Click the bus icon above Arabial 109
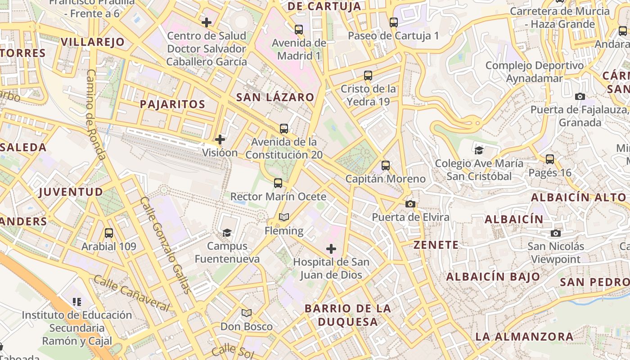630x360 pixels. [x=109, y=233]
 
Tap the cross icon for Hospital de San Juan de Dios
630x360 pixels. [x=331, y=248]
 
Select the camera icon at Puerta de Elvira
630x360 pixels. [x=410, y=204]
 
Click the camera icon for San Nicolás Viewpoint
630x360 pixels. [x=556, y=233]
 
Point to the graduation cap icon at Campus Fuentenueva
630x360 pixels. [x=227, y=233]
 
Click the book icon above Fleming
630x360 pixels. [x=283, y=217]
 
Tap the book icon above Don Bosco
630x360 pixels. [x=246, y=313]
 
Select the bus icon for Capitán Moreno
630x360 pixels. [x=386, y=166]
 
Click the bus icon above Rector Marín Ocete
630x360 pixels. [x=278, y=183]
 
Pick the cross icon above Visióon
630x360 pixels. [x=220, y=139]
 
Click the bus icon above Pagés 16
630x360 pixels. [x=550, y=159]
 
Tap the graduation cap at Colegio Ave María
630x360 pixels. [x=479, y=150]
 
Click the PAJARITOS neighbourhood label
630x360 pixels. [x=172, y=104]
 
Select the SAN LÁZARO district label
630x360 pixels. [x=275, y=97]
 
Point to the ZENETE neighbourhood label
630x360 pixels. [x=436, y=245]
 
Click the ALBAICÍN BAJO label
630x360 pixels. [x=493, y=277]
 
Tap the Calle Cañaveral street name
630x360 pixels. [x=131, y=293]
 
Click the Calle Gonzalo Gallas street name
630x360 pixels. [x=165, y=245]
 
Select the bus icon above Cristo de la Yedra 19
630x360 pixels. [x=368, y=76]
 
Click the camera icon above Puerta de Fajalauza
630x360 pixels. [x=580, y=96]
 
